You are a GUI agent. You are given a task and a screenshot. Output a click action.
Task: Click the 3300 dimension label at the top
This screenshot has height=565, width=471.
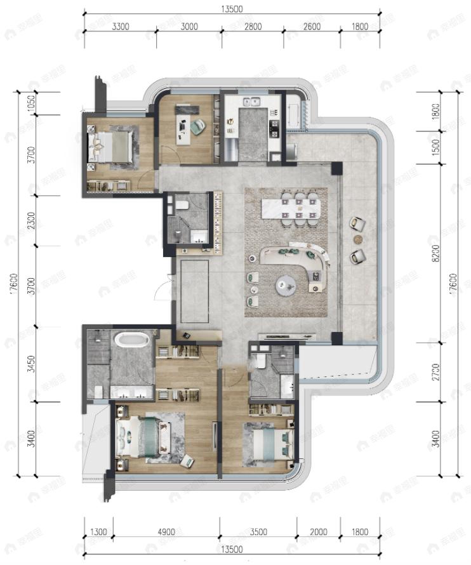tap(121, 27)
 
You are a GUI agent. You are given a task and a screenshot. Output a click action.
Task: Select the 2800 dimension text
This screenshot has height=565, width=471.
tap(252, 27)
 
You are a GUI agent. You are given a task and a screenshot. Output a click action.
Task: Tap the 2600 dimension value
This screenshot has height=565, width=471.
tap(312, 27)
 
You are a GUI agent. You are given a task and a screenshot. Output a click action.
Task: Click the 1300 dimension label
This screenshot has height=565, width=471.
tap(98, 532)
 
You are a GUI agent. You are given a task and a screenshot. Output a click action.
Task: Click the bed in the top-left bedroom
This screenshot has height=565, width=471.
tap(112, 148)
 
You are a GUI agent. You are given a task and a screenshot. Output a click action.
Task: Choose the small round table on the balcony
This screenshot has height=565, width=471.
tap(358, 239)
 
